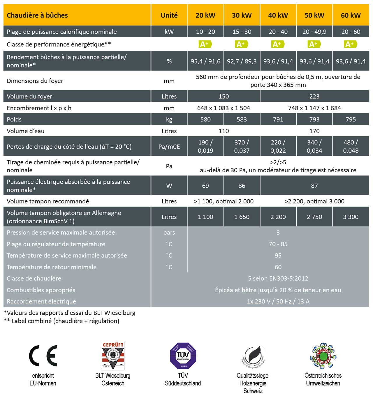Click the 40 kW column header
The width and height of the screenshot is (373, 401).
click(x=278, y=15)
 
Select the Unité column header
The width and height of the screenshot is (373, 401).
click(x=169, y=15)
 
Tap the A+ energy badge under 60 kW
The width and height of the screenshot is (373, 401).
click(x=350, y=44)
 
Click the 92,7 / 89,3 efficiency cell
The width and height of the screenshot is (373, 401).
click(x=242, y=61)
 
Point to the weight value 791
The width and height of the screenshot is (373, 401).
click(x=278, y=119)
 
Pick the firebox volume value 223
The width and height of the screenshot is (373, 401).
click(x=314, y=96)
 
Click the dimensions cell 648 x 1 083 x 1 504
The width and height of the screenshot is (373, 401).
click(x=224, y=108)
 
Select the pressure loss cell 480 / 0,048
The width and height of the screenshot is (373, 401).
click(x=351, y=146)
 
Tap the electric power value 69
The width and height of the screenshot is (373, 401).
click(x=205, y=186)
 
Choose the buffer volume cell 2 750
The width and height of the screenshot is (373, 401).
click(x=314, y=217)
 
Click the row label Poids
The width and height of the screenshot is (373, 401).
click(x=14, y=119)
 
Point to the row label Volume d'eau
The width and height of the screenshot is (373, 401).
click(x=26, y=131)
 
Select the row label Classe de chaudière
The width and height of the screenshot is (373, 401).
click(x=34, y=278)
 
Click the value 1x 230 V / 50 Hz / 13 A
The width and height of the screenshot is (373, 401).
click(x=278, y=301)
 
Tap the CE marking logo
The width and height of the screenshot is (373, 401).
click(x=43, y=356)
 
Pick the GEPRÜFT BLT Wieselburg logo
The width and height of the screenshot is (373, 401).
click(x=113, y=356)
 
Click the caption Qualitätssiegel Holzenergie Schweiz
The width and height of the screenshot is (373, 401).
click(x=253, y=383)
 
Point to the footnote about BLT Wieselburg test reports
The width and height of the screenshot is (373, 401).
click(x=70, y=313)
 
